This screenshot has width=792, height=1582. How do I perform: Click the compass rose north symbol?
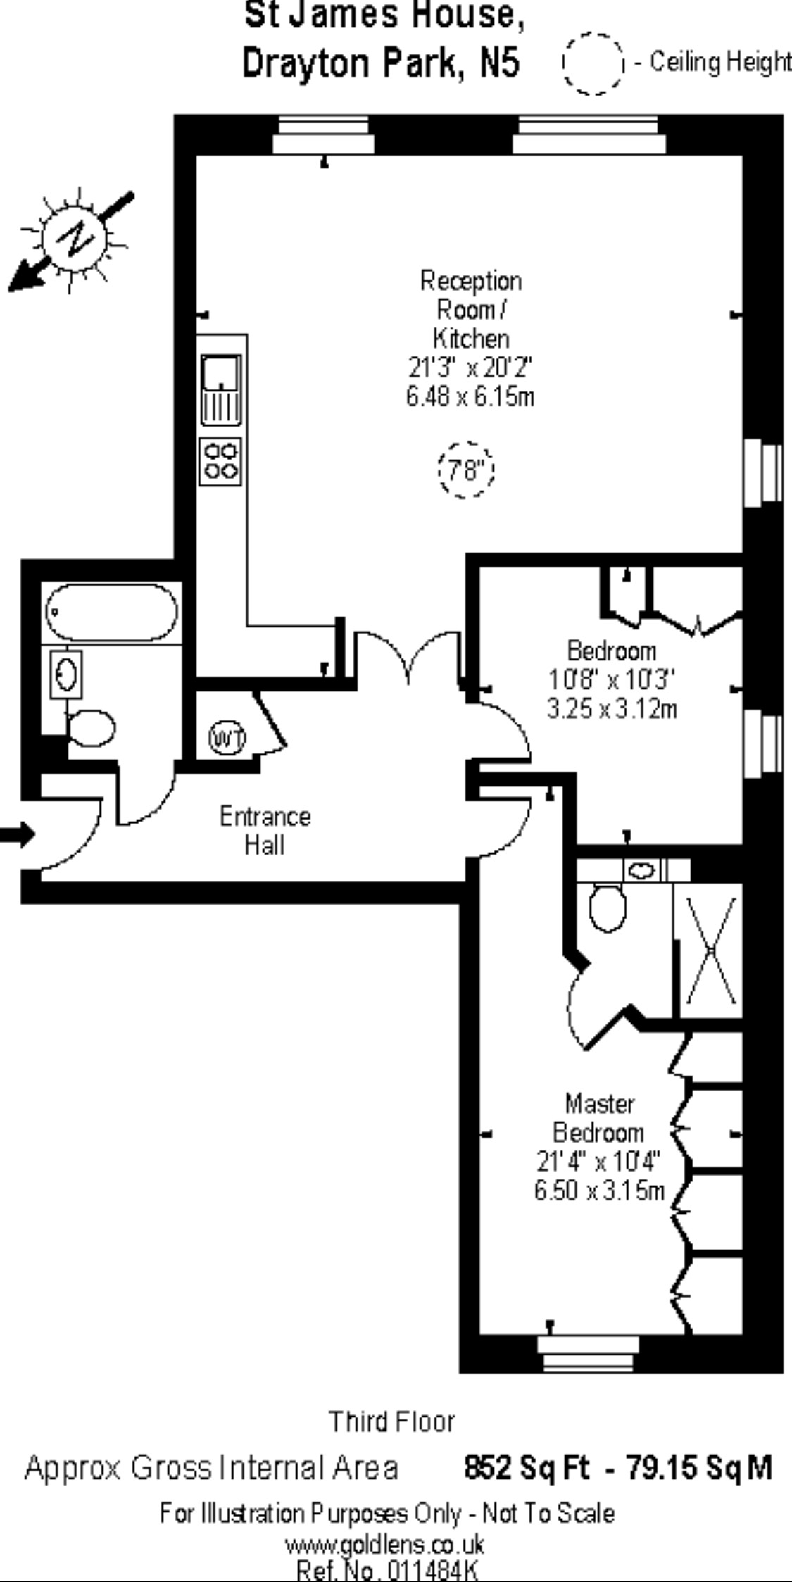point(75,239)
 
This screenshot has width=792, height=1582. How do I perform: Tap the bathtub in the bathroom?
point(111,612)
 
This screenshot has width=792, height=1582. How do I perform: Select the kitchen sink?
point(221,389)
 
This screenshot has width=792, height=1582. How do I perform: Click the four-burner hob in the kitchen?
point(221,461)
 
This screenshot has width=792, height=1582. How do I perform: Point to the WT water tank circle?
point(227,739)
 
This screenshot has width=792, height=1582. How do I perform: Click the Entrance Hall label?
point(265,830)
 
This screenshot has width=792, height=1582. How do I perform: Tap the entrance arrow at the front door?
point(17,835)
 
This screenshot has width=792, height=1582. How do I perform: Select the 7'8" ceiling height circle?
point(466,469)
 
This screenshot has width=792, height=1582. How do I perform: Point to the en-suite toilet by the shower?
point(607,908)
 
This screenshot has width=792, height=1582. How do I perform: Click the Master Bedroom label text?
point(598,1117)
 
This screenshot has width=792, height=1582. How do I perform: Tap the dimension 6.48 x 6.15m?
point(470,397)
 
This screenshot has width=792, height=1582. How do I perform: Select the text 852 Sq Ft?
point(526,1468)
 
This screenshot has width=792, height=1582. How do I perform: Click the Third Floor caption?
point(392,1421)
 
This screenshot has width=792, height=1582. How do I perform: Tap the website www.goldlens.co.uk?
point(384,1545)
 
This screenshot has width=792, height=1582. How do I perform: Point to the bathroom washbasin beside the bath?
point(66,674)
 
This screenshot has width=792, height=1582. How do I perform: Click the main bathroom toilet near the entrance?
point(92,728)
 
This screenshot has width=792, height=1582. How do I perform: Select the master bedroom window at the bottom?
point(587,1354)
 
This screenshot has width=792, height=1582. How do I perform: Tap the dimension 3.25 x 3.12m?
point(612,708)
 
